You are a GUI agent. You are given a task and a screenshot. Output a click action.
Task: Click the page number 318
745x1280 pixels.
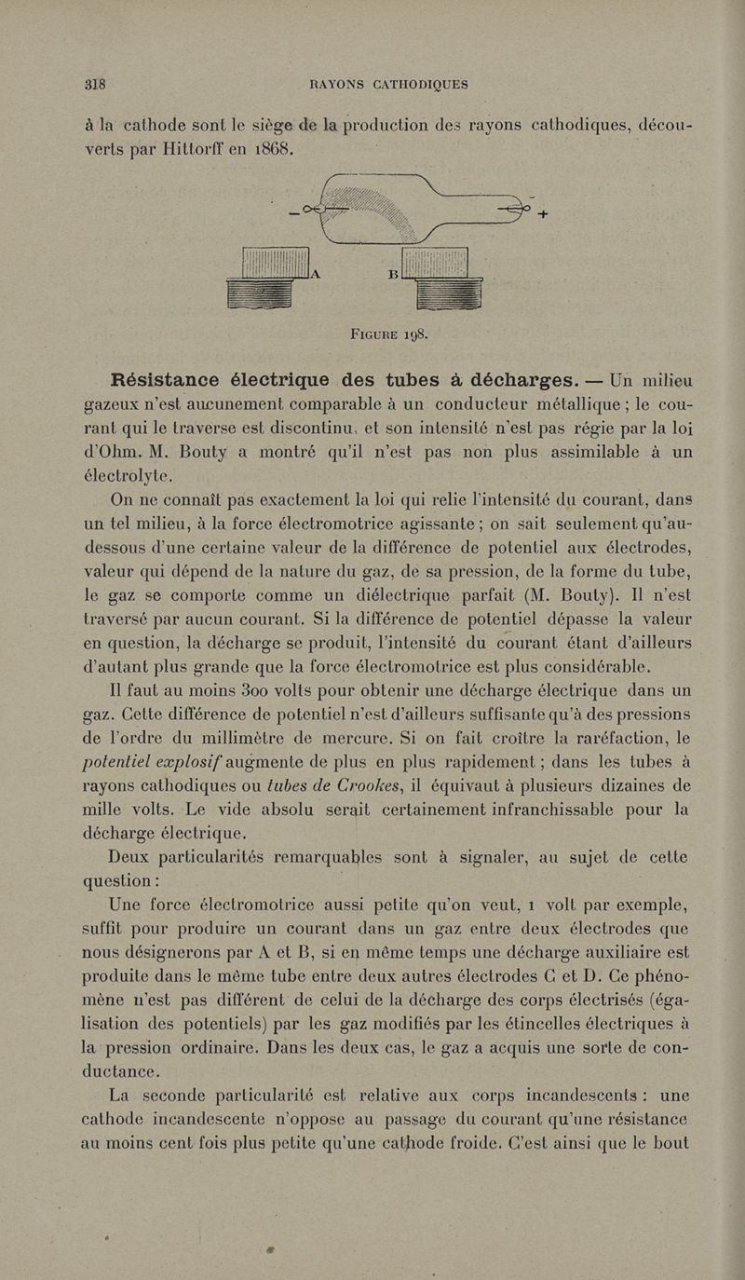(94, 83)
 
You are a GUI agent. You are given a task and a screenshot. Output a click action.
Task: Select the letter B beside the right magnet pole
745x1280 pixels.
(392, 275)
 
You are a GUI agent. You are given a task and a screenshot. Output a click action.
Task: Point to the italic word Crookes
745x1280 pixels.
(332, 784)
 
